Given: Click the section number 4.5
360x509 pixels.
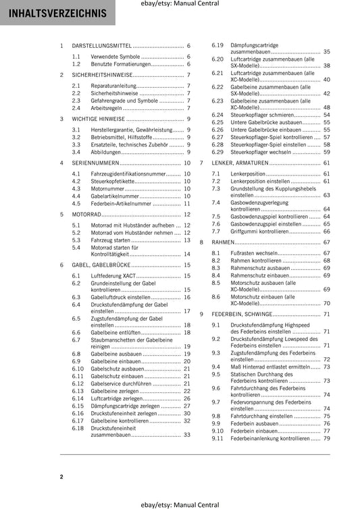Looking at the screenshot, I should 76,203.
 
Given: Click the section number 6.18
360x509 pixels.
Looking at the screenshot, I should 78,428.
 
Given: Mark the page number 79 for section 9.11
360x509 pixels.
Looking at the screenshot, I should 326,438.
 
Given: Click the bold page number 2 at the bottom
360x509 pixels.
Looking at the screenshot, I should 61,477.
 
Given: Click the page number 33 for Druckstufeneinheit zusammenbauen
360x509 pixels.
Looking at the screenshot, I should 187,435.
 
